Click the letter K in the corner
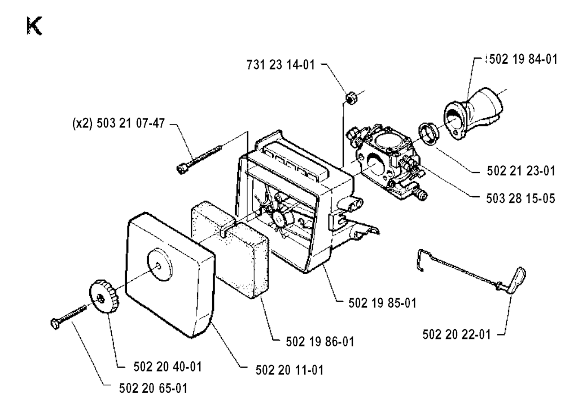coord(34,26)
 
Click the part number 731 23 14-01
coord(281,65)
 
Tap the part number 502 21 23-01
coord(521,171)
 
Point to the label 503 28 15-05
coord(520,198)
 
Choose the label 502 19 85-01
coord(382,303)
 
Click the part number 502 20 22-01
coord(456,334)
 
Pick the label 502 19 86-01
coord(319,342)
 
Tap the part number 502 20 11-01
coord(290,370)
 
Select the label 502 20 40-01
coord(167,367)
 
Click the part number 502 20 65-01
coord(153,388)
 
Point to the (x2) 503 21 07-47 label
coord(119,123)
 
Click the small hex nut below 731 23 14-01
coord(350,98)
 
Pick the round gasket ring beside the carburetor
coord(428,134)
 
